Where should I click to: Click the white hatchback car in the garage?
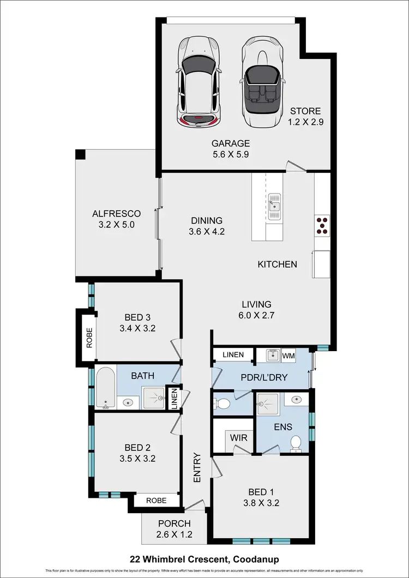click(198, 82)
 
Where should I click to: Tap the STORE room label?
click(306, 117)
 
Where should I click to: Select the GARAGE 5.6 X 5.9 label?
click(231, 149)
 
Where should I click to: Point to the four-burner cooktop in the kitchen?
click(322, 225)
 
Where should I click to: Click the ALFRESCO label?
click(117, 219)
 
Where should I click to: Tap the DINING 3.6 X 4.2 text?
click(207, 226)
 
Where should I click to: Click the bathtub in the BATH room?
click(105, 388)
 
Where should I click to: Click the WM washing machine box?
click(288, 356)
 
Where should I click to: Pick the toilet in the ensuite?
click(296, 443)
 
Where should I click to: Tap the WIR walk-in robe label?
click(239, 437)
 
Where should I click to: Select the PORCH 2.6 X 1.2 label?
click(174, 529)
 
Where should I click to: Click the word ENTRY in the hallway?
click(197, 468)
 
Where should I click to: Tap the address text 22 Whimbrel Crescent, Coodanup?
click(204, 559)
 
